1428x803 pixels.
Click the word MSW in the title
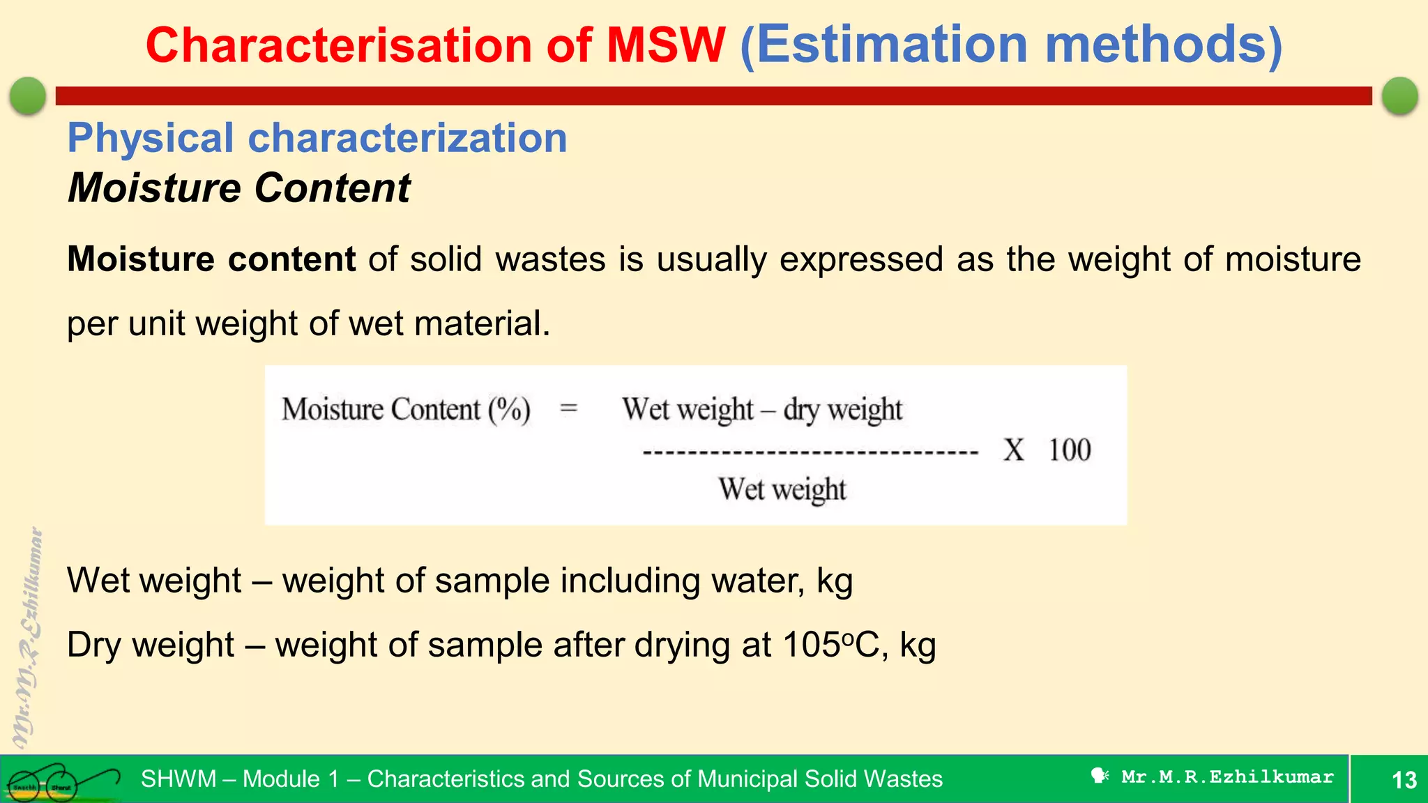click(666, 46)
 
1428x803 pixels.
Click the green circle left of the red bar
click(28, 95)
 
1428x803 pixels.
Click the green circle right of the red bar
click(1399, 95)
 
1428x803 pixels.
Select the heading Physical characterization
click(317, 138)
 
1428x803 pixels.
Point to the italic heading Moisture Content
click(239, 188)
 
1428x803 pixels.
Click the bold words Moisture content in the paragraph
click(211, 259)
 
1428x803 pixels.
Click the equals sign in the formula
click(569, 408)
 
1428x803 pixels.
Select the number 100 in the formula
click(1070, 450)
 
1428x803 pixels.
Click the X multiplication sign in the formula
click(1014, 450)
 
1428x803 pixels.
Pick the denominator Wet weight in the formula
click(782, 489)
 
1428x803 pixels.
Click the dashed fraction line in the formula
click(810, 453)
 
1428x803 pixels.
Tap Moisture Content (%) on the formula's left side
click(406, 409)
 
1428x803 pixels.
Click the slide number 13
click(1404, 779)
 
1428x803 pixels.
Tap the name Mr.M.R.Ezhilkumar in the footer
click(1227, 777)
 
